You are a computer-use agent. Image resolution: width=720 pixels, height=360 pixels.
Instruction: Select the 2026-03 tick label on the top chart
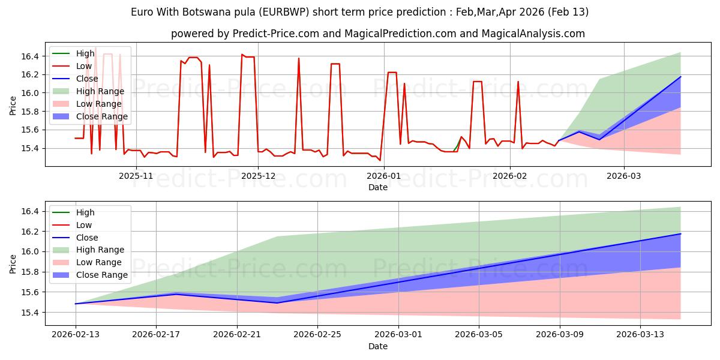click(623, 175)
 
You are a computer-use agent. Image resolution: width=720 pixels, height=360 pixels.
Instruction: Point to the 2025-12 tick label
click(258, 175)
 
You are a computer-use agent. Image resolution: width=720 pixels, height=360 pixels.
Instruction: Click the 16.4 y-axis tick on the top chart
click(31, 56)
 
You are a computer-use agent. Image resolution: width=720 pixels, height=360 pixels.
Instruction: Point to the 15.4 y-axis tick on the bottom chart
click(31, 313)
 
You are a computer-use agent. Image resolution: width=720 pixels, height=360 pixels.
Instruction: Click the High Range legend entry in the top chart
click(100, 91)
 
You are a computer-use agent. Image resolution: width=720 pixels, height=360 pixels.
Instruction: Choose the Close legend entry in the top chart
click(87, 79)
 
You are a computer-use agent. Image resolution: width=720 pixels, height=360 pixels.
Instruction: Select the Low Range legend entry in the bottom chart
click(98, 262)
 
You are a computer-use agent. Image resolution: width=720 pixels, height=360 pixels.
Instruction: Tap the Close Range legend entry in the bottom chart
click(101, 275)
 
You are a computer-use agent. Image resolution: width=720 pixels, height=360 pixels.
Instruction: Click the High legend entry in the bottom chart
click(85, 212)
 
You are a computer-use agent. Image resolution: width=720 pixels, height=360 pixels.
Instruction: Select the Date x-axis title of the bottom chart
click(378, 347)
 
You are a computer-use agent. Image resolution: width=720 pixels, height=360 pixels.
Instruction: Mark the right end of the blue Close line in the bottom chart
click(680, 234)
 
